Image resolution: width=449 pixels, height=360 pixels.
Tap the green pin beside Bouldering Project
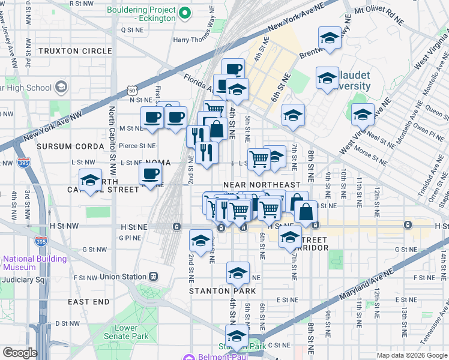[x=185, y=11]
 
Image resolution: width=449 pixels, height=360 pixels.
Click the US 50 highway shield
[x=131, y=90]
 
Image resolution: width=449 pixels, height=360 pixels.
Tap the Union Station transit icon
[x=153, y=277]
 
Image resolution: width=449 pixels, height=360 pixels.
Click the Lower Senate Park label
[x=126, y=332]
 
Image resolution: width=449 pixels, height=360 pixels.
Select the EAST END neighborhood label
[x=88, y=301]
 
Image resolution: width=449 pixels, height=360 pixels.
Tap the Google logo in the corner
[x=20, y=353]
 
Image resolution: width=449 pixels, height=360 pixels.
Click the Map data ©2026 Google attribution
[x=412, y=355]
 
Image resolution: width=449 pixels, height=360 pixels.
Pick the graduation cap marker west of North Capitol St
[x=90, y=180]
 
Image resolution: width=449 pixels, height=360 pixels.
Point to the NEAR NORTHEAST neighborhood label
[x=261, y=184]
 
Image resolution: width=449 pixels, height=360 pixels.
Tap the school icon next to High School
[x=61, y=88]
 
